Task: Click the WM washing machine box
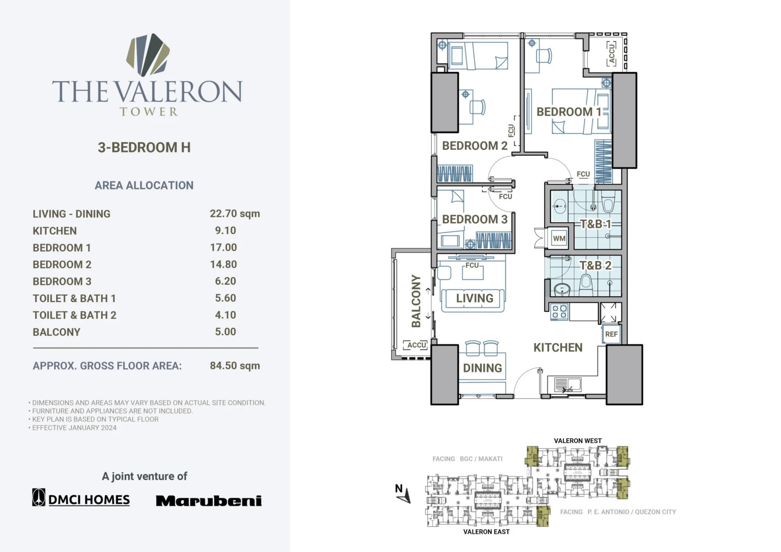559,238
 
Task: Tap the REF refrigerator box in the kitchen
611,334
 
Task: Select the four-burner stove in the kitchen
559,312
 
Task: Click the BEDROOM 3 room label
474,219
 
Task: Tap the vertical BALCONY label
416,301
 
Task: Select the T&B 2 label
595,265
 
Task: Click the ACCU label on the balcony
417,345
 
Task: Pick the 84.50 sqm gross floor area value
235,365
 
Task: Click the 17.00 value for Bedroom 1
223,247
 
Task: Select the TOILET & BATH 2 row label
75,315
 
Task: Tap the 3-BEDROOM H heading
144,147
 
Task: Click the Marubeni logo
208,501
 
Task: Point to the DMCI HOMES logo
81,498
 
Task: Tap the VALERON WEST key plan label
578,441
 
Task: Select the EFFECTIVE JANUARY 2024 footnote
74,428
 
